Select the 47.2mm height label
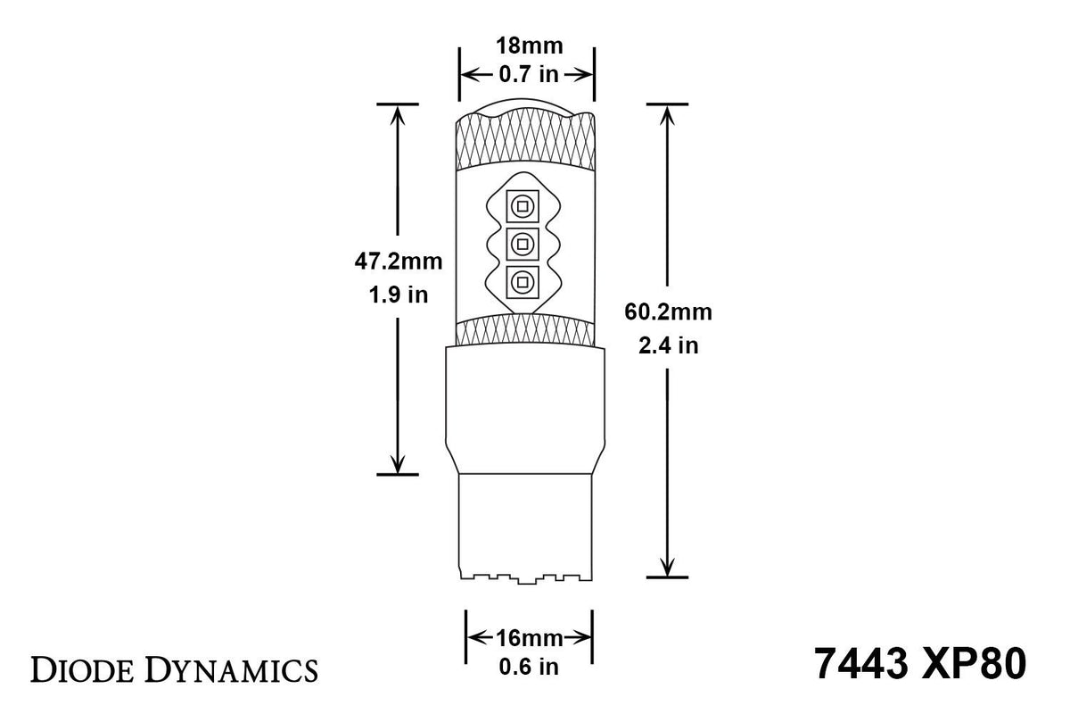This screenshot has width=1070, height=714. click(399, 262)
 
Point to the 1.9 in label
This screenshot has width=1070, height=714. click(399, 295)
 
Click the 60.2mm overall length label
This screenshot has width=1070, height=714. click(667, 311)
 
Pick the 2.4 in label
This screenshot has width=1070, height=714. click(667, 345)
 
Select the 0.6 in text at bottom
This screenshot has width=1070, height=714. click(530, 665)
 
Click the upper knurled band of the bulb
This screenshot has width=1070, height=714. click(526, 143)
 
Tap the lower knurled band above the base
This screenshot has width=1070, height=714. click(526, 331)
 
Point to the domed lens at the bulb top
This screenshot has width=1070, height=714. click(526, 109)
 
